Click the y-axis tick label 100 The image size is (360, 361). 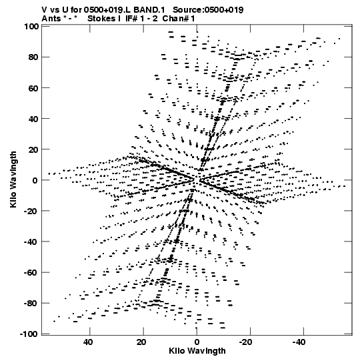coord(31,27)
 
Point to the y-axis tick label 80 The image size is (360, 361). coord(33,57)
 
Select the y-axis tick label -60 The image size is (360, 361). coord(31,273)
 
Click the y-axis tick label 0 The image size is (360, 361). coord(35,180)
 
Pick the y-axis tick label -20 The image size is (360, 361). coord(31,211)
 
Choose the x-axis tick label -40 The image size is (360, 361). coord(299,342)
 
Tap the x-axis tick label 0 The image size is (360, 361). coord(197,342)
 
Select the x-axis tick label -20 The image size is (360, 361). coord(245,342)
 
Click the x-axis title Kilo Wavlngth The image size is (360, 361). coord(197,351)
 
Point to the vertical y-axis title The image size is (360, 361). coord(13,179)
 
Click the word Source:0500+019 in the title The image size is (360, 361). coord(208,10)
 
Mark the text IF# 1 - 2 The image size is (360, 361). coord(141,19)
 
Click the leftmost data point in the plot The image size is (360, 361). coord(49,173)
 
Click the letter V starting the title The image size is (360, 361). coord(44,10)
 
